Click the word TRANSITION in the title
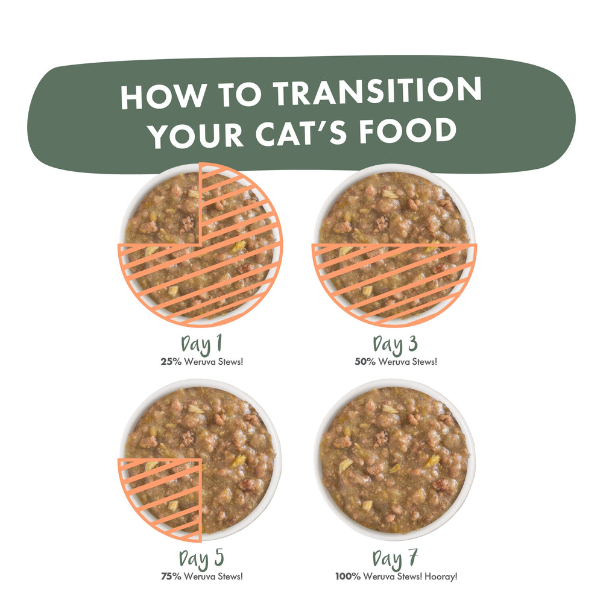(x=377, y=91)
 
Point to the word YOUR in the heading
(x=196, y=135)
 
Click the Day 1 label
(x=201, y=344)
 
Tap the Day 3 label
(x=395, y=344)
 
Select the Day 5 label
(x=201, y=559)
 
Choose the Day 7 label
(x=395, y=559)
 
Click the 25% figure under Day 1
(x=171, y=361)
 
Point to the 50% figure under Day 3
(x=365, y=361)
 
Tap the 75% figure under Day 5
(x=171, y=576)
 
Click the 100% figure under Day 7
(x=348, y=576)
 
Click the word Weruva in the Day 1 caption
(x=200, y=361)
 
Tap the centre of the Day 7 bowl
(x=394, y=460)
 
